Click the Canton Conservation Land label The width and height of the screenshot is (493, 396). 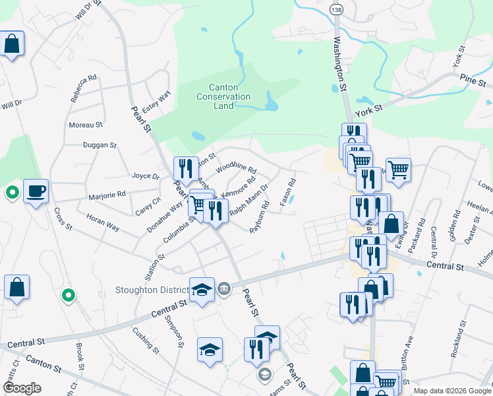(223, 96)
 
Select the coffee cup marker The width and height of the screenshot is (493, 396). (36, 191)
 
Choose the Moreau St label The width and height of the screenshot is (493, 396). (86, 124)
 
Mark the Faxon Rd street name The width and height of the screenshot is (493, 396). (287, 192)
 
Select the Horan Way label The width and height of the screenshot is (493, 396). (103, 222)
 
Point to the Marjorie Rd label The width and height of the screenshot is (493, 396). (107, 196)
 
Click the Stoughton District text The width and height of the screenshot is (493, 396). (151, 289)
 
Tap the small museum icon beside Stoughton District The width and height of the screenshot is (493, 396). (223, 288)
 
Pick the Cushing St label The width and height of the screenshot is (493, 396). (146, 339)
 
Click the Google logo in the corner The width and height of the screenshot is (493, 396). (22, 388)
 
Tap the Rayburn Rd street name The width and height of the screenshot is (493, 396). (260, 218)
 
